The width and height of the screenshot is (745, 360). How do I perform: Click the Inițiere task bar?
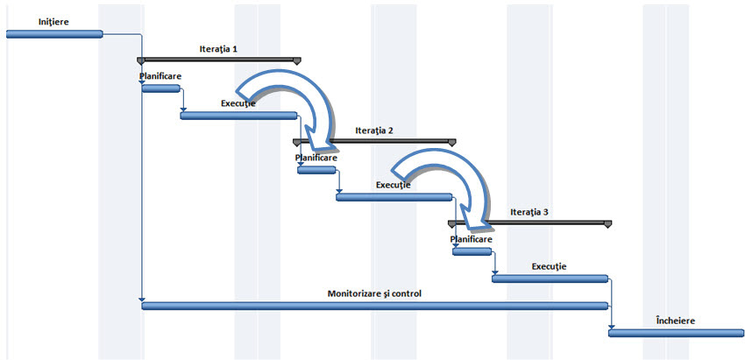click(54, 34)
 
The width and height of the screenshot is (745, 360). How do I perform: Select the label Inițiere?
click(31, 20)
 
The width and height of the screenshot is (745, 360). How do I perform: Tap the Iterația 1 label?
click(219, 49)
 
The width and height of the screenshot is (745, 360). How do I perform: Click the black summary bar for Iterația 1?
click(219, 60)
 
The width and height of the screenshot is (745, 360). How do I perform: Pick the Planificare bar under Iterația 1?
click(161, 88)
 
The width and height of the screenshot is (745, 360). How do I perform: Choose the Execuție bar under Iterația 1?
click(238, 115)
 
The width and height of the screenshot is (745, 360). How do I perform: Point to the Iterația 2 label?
click(374, 130)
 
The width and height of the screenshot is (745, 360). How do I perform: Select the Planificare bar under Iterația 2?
click(316, 169)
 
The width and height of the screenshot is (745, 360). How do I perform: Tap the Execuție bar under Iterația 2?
click(394, 197)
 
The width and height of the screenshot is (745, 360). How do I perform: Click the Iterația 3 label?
click(529, 212)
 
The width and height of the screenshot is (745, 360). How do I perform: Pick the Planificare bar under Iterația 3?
click(472, 251)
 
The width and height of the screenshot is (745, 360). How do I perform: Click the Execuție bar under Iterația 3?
click(550, 279)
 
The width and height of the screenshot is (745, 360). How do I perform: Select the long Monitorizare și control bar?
click(374, 305)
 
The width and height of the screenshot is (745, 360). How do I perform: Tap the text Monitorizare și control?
click(374, 293)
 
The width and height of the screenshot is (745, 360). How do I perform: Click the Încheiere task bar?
click(676, 332)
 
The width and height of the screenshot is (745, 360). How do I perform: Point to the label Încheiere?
click(675, 321)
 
